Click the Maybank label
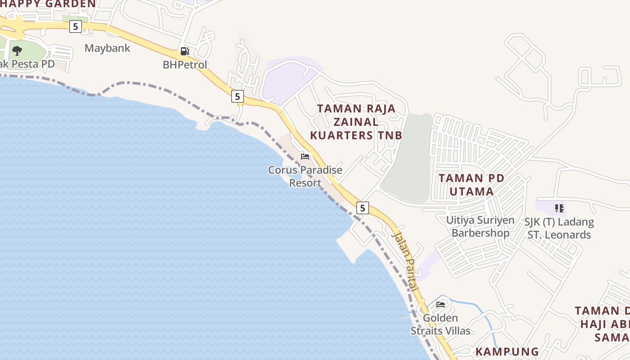pos(108,48)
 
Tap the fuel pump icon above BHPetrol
pos(184,51)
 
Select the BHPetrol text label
pos(185,65)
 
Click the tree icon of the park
pos(17,50)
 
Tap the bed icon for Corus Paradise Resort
pos(305,157)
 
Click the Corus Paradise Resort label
pos(305,176)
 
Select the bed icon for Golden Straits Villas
pos(441,305)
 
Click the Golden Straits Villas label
pos(440,324)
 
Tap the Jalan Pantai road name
pos(405,261)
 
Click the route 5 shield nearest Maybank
pos(75,27)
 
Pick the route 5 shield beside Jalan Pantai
pos(363,208)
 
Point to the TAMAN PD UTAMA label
pos(472,184)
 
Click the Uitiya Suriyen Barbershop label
pos(480,227)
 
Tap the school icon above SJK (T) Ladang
pos(559,208)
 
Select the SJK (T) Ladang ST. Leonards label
pos(559,228)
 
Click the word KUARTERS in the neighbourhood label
pos(339,135)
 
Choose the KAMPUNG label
pos(507,351)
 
